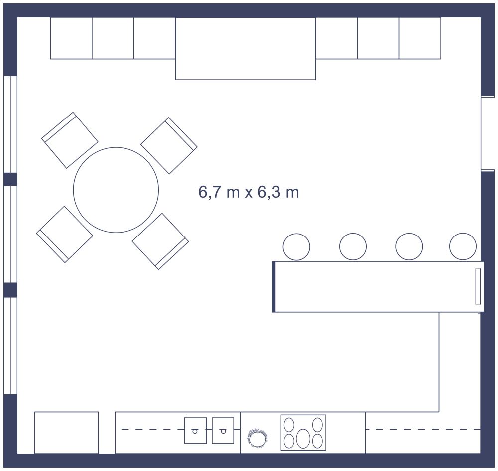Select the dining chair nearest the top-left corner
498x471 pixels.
coord(70,140)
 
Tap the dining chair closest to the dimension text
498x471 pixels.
coord(169,146)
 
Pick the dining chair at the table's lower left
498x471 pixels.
coord(65,235)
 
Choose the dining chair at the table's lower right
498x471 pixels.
coord(160,241)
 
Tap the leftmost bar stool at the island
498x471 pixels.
coord(296,247)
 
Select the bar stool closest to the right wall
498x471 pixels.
coord(463,246)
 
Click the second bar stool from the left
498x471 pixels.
coord(353,246)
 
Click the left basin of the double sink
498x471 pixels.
coord(196,430)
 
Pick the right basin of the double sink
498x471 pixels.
coord(223,430)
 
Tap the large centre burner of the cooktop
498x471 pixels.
coord(303,438)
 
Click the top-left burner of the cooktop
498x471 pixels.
coord(289,424)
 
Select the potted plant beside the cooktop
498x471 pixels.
coord(257,438)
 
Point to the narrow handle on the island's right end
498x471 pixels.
coord(478,286)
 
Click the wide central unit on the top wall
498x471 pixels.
coord(246,49)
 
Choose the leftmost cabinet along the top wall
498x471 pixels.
coord(71,38)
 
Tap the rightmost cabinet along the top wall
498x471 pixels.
coord(420,38)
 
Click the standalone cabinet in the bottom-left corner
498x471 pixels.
coord(66,433)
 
